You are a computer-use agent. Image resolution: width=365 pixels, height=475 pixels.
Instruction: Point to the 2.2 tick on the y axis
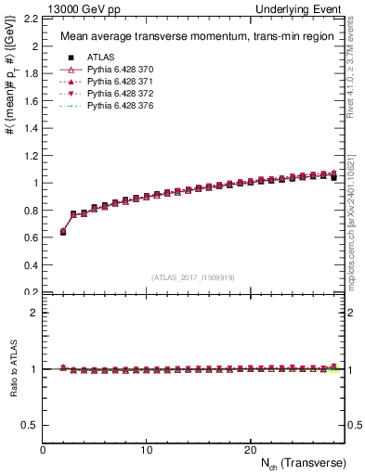click(x=31, y=19)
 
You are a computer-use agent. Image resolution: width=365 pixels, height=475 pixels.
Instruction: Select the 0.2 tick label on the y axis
click(x=31, y=292)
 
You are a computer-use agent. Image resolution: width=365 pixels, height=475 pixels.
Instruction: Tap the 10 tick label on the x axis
click(x=146, y=450)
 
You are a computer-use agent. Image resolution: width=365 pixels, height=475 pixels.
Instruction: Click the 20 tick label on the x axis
click(x=249, y=450)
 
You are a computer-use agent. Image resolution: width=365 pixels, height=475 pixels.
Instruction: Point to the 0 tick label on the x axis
click(x=43, y=450)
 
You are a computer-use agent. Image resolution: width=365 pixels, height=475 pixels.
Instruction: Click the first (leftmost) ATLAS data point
click(x=63, y=232)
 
